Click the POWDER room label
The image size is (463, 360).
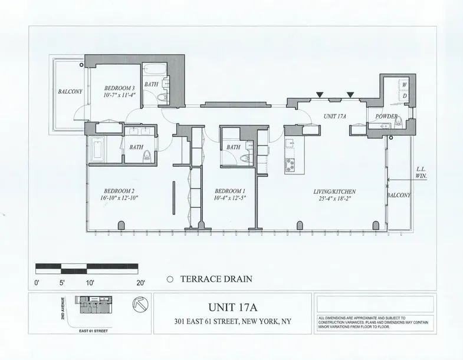tap(386, 117)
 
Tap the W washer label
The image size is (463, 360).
tap(404, 85)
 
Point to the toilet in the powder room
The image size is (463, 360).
tap(399, 122)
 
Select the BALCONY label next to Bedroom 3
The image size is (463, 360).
tap(70, 92)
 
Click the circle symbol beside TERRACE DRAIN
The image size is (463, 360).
tap(169, 281)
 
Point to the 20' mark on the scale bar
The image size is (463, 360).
tap(141, 283)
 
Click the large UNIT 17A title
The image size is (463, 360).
tap(232, 307)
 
